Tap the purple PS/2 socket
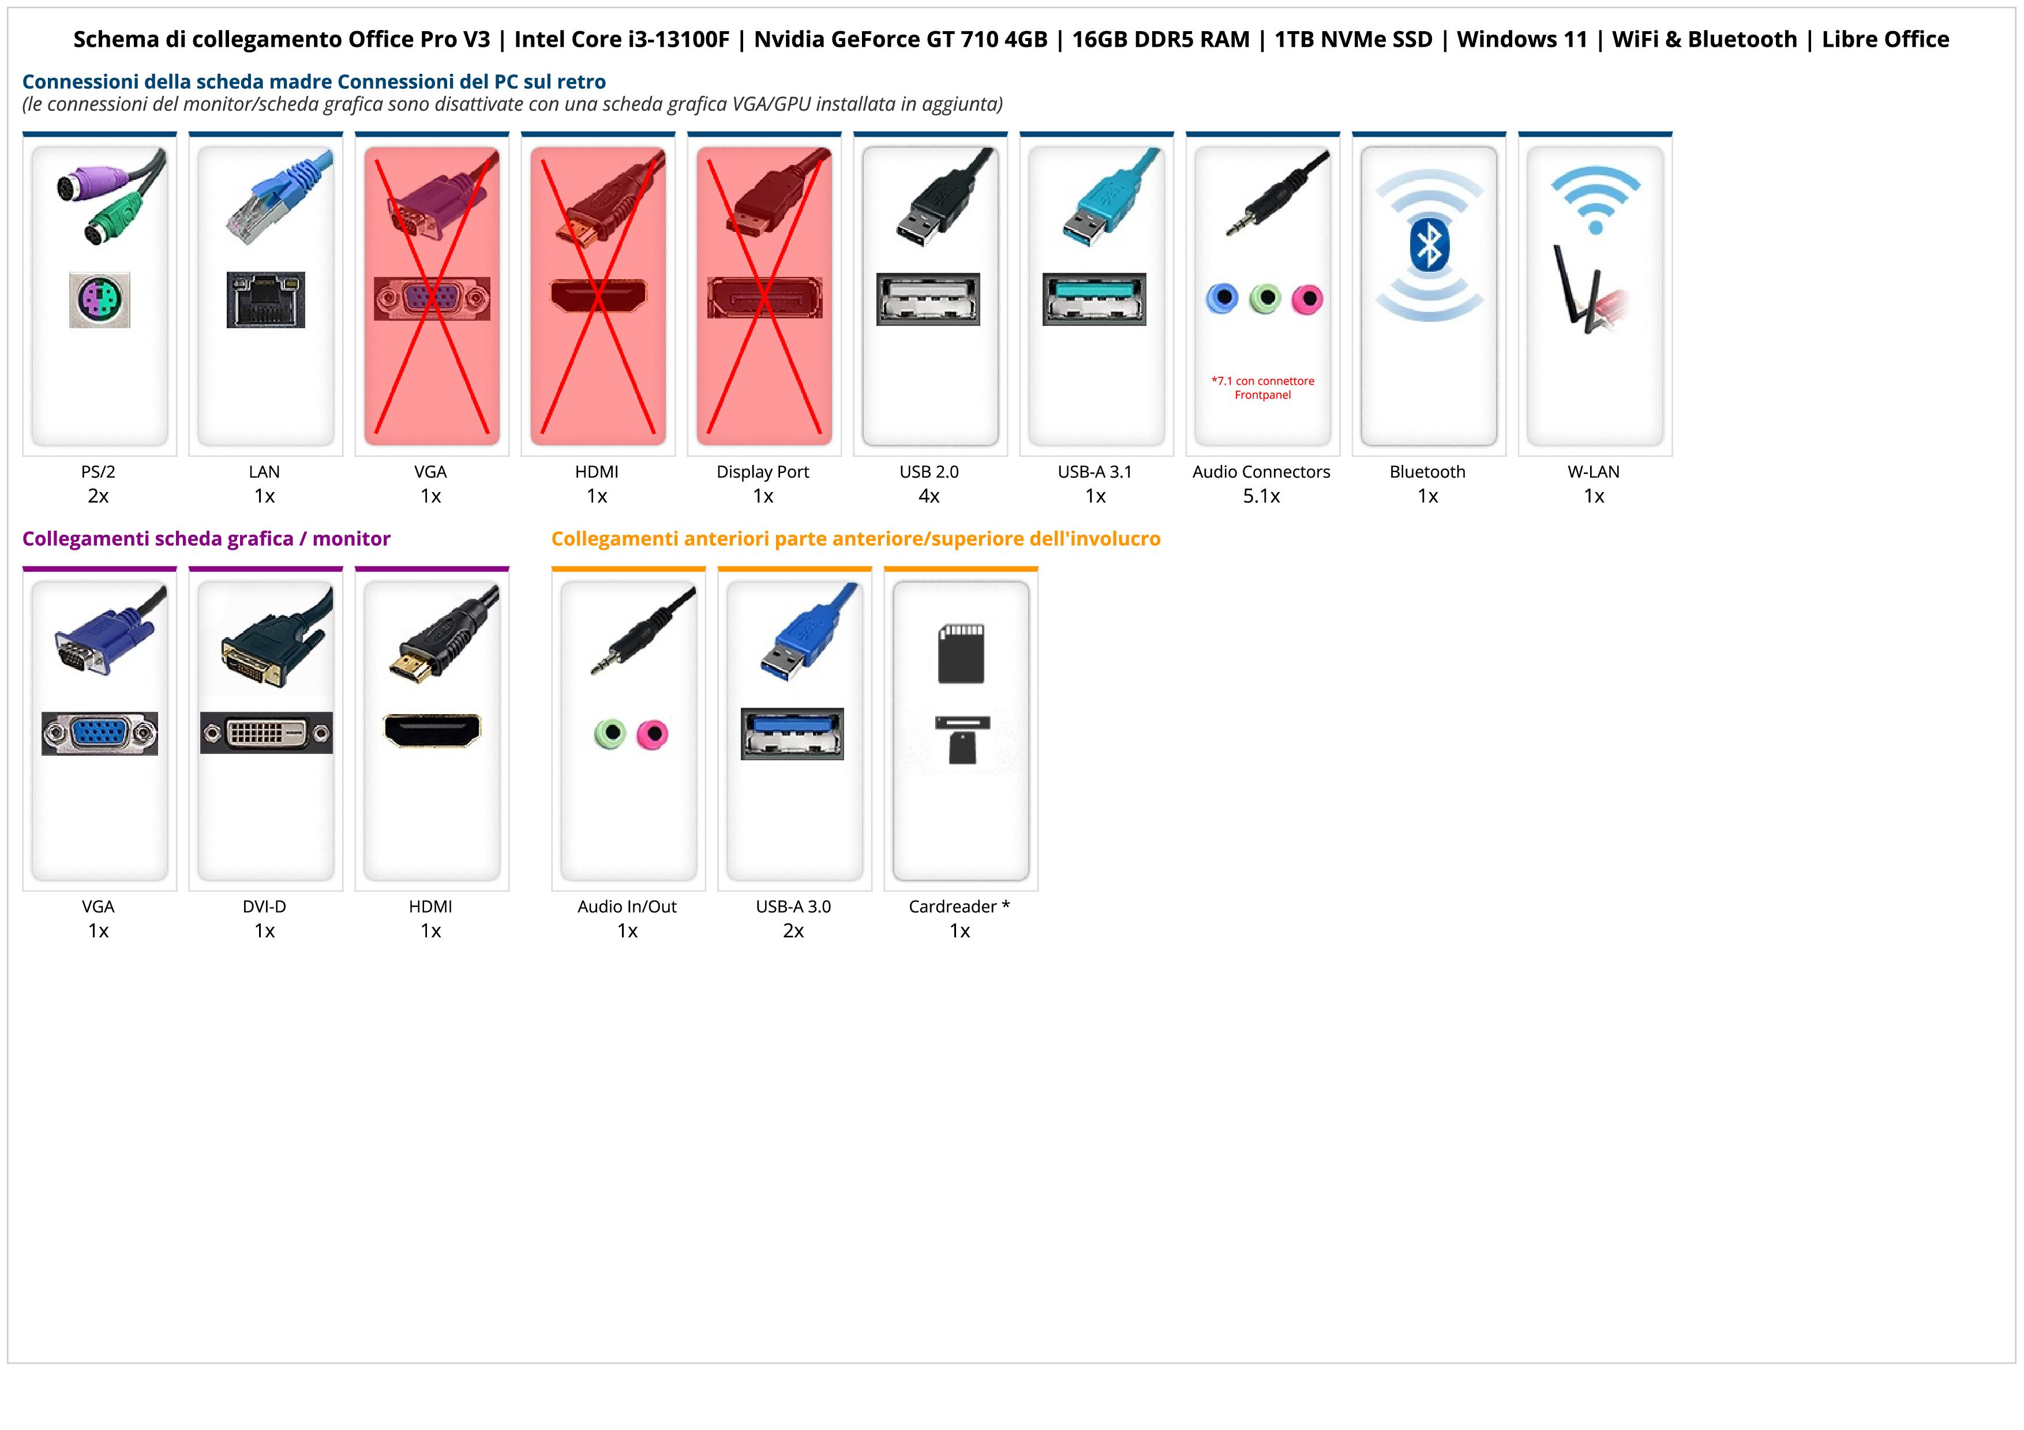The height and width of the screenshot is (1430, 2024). (x=100, y=299)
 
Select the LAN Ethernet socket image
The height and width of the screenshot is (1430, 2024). (x=265, y=299)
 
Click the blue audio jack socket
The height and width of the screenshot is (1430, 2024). (x=1222, y=299)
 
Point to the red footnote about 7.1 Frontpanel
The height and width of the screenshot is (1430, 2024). (x=1262, y=388)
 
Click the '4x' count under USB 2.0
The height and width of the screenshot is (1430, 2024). (x=929, y=496)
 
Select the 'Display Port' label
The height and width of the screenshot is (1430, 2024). (x=763, y=471)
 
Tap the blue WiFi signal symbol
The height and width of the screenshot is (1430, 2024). (x=1595, y=199)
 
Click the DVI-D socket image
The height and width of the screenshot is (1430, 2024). (x=266, y=733)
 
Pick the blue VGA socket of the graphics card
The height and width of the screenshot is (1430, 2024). (x=100, y=733)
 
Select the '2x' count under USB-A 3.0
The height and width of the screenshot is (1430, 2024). (x=793, y=930)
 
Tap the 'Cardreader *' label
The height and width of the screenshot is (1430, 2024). (x=959, y=907)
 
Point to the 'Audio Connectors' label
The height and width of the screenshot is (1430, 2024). (x=1261, y=471)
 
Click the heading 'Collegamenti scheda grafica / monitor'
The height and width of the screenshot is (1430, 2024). (x=207, y=538)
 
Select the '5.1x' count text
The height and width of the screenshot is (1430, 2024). (x=1261, y=496)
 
